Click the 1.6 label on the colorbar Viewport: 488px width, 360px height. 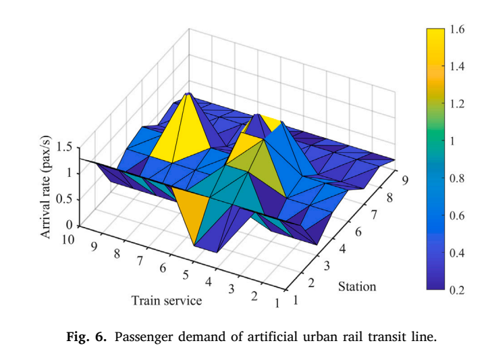click(457, 30)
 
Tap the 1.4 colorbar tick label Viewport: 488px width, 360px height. click(457, 66)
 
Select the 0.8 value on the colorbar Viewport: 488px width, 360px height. click(457, 178)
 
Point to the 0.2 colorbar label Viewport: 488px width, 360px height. click(457, 290)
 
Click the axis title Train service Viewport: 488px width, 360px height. click(167, 301)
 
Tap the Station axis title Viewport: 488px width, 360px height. click(357, 286)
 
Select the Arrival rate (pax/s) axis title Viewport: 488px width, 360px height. click(45, 187)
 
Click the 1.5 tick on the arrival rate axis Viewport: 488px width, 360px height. click(64, 147)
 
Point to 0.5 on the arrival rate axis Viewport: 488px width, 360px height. click(64, 199)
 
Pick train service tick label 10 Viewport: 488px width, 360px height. click(67, 240)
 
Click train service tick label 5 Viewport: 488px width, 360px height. click(186, 275)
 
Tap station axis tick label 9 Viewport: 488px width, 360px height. click(405, 180)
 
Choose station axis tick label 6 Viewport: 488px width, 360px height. click(358, 232)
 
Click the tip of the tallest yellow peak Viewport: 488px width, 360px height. click(188, 93)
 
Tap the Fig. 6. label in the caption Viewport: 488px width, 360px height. click(86, 337)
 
